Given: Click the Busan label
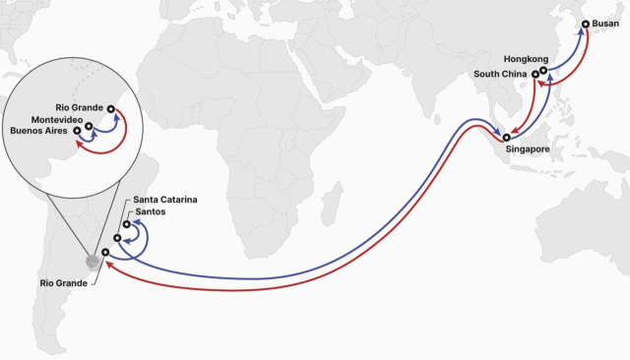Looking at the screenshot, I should tap(606, 24).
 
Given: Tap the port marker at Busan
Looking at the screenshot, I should tap(587, 24).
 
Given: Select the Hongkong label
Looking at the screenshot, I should tap(524, 59).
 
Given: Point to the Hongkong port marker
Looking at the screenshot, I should tap(543, 70).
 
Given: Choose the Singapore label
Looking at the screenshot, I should tap(527, 150).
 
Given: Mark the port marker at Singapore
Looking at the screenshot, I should tap(508, 137).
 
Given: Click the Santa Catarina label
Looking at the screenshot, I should tap(165, 200).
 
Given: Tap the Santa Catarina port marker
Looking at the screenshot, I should tap(127, 224).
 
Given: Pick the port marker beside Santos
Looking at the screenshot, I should tap(117, 237).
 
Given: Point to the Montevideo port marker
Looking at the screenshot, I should tap(90, 126).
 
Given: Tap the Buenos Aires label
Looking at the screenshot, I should tap(39, 131).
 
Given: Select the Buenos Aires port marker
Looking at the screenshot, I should tap(78, 132).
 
